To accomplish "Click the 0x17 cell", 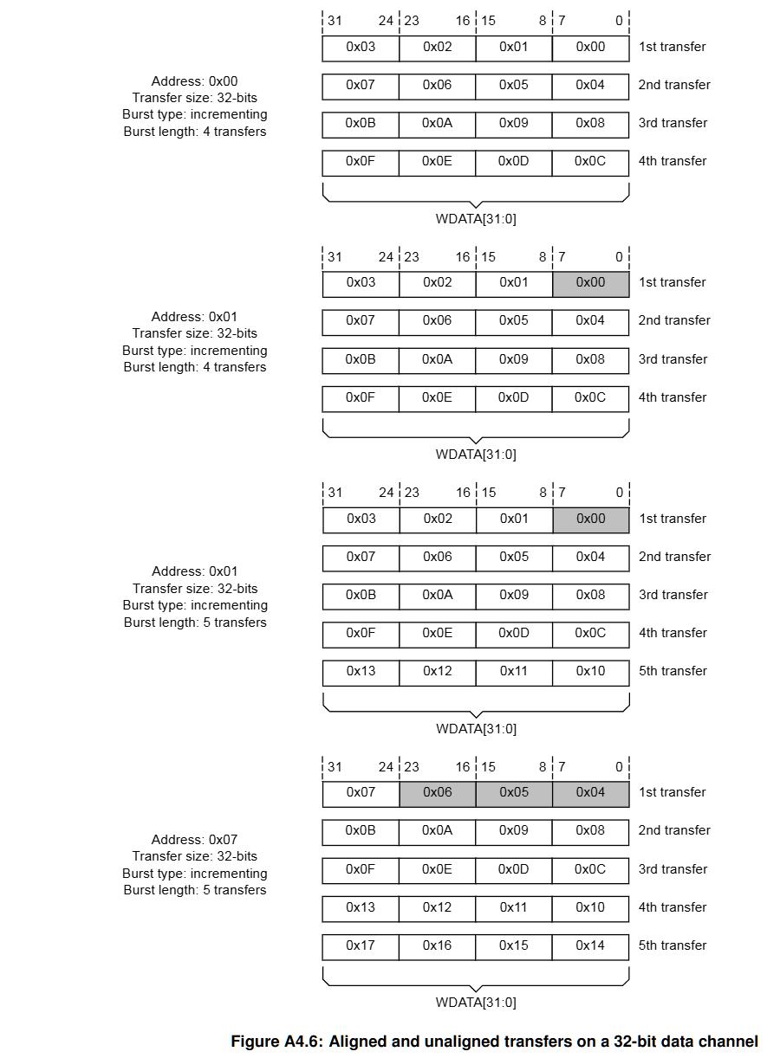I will point(361,945).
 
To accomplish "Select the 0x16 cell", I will point(437,945).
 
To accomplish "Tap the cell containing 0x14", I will point(590,945).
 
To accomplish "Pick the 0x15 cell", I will point(514,945).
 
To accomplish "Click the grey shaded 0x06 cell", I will point(437,792).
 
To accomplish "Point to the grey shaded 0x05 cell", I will point(514,792).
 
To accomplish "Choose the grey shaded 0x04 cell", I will point(590,792).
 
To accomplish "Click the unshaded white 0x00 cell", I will point(590,47).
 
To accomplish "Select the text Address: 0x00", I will point(194,81).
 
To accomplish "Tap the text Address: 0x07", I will point(194,840).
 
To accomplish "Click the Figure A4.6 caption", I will point(494,1042).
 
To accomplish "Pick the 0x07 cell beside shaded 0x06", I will point(361,792).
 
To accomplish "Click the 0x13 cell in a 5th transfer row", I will point(361,671).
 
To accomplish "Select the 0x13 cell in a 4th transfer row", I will point(361,907).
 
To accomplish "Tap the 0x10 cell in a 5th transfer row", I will point(590,671).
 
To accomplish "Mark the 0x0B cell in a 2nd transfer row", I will point(361,830).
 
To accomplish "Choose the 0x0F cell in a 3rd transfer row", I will point(361,869).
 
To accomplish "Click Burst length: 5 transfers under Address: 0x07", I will point(194,890).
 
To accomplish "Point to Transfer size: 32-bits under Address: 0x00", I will point(194,98).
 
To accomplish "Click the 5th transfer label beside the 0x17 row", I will point(673,945).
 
